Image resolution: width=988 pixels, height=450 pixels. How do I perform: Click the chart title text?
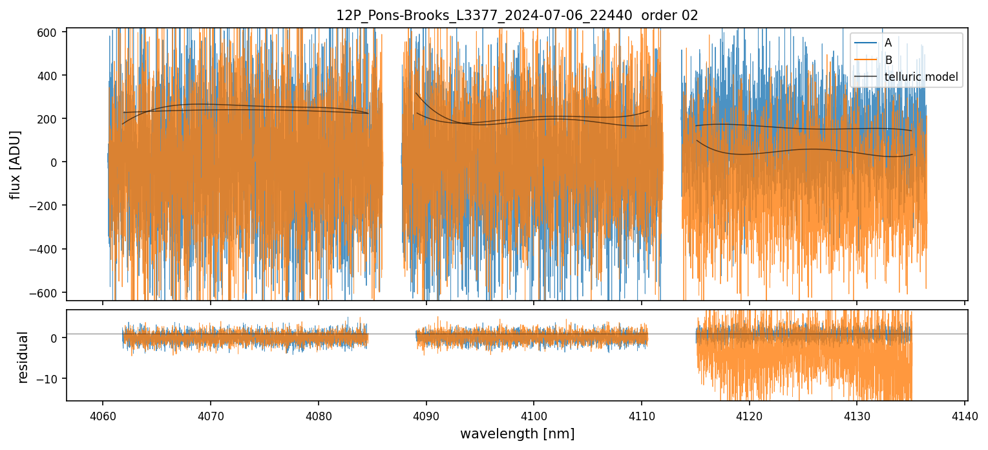tap(517, 16)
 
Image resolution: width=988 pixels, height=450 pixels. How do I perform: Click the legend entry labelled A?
tap(888, 43)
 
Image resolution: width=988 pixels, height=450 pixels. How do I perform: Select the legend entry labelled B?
tap(888, 61)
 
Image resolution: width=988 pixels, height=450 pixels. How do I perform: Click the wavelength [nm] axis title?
tap(517, 433)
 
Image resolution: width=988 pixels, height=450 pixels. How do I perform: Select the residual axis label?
tap(23, 357)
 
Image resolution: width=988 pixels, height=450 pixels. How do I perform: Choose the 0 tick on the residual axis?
tap(56, 338)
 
